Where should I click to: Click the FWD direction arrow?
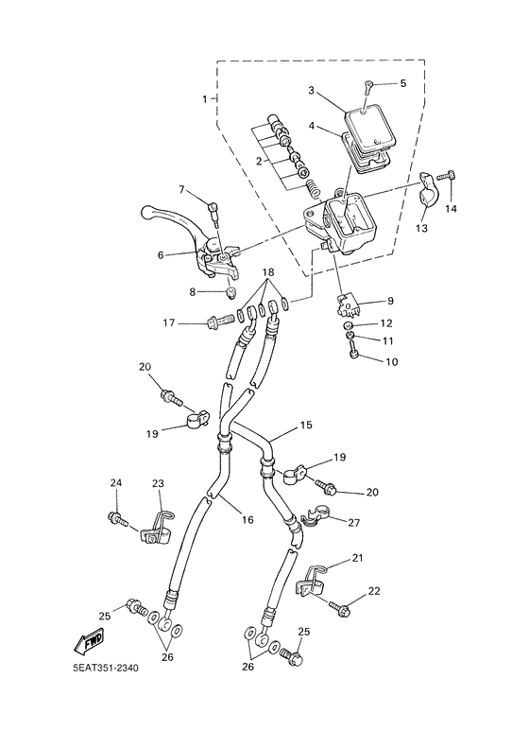pyautogui.click(x=89, y=642)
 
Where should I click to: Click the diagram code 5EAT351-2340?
pyautogui.click(x=106, y=669)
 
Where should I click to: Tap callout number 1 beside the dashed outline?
pyautogui.click(x=204, y=99)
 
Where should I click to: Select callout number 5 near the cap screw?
pyautogui.click(x=403, y=83)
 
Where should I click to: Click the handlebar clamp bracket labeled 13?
pyautogui.click(x=426, y=189)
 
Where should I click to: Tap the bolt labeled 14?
pyautogui.click(x=447, y=177)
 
